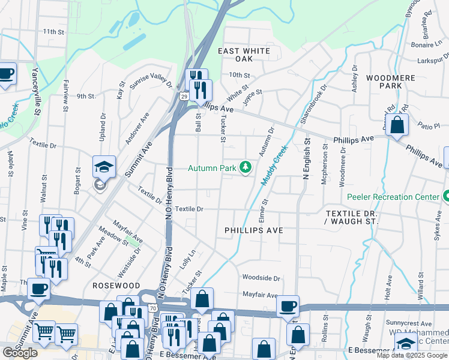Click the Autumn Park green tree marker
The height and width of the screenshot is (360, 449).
click(245, 167)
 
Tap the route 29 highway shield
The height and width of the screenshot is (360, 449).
click(183, 96)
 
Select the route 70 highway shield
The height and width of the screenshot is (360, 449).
click(154, 308)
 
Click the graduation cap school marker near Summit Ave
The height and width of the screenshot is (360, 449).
click(104, 167)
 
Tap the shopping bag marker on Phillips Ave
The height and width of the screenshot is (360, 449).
click(397, 125)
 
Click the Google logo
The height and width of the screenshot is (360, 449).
click(20, 353)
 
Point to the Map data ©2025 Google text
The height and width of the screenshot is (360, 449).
click(412, 356)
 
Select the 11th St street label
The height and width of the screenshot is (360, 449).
click(53, 31)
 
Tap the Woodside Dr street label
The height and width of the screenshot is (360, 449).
click(261, 278)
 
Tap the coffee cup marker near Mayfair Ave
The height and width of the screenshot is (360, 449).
click(288, 306)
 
